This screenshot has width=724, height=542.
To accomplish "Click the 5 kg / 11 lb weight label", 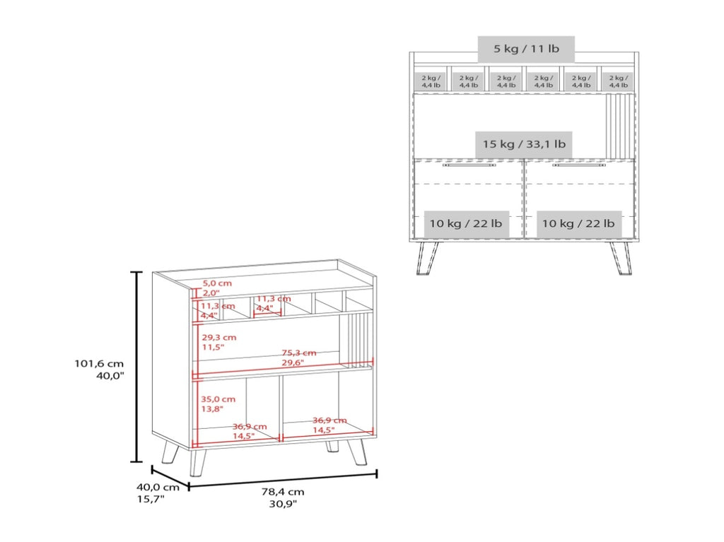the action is (x=526, y=49).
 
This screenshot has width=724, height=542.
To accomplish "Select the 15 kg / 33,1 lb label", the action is (x=524, y=144).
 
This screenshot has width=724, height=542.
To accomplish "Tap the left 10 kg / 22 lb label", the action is (x=466, y=224).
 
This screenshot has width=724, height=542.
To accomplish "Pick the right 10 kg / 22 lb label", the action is (x=578, y=224).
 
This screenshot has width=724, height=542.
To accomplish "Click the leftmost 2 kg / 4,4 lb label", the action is (x=431, y=82).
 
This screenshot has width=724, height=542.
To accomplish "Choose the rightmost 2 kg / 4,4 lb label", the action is (x=618, y=82).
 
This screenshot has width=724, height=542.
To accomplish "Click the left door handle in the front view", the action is (x=469, y=165).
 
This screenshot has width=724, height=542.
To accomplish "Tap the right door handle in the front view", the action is (x=579, y=165).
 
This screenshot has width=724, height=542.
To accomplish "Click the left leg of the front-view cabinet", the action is (x=428, y=258).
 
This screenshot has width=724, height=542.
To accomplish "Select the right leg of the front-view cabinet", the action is (x=621, y=258).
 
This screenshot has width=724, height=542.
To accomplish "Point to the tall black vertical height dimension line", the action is (x=136, y=367).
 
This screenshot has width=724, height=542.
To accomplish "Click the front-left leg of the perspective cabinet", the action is (x=197, y=463).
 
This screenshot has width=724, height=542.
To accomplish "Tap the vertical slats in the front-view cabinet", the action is (x=619, y=126).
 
